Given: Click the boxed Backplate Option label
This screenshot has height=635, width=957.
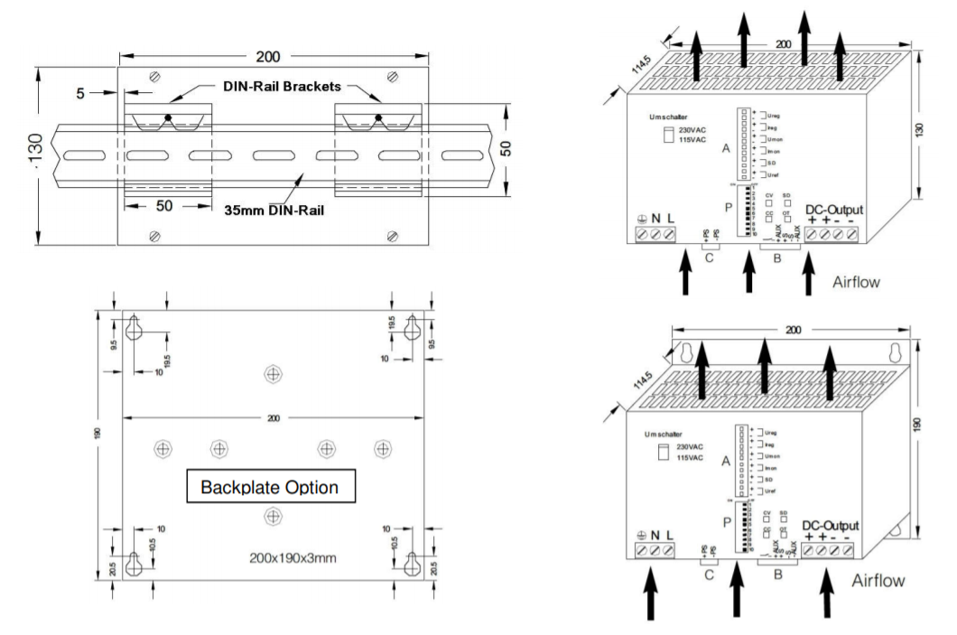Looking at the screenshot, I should click(269, 487).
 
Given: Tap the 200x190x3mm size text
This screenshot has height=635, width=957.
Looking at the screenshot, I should click(293, 557).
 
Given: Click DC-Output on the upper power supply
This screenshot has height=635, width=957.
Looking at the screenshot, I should click(833, 210).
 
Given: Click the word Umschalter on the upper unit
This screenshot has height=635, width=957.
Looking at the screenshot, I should click(668, 117).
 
